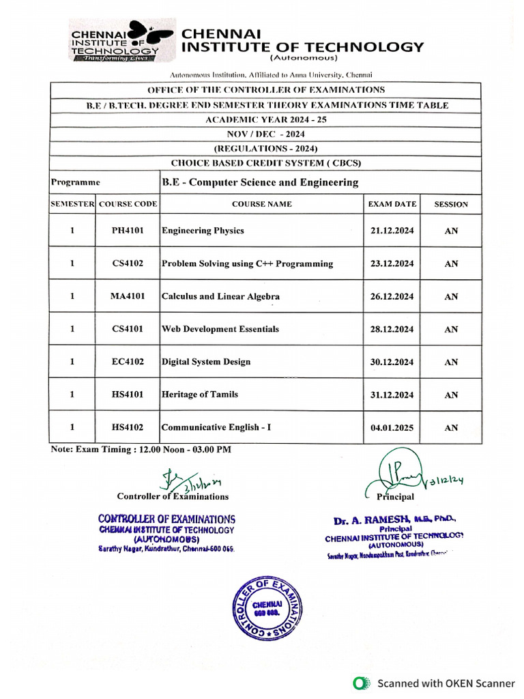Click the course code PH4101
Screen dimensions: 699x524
click(x=128, y=231)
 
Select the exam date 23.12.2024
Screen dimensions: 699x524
click(x=392, y=263)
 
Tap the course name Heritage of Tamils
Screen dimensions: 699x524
click(x=200, y=395)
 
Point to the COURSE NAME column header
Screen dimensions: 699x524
click(x=261, y=204)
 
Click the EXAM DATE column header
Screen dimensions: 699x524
click(x=392, y=204)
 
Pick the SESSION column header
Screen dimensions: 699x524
click(x=451, y=204)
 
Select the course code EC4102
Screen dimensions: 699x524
click(x=128, y=362)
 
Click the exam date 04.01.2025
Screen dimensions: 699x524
click(x=392, y=428)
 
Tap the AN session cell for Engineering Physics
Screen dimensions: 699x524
click(x=451, y=231)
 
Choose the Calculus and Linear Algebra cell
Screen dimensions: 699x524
click(x=220, y=297)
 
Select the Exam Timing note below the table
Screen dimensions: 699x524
click(x=141, y=449)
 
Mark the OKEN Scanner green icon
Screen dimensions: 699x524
click(x=360, y=683)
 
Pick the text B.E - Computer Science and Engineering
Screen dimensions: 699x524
click(x=260, y=182)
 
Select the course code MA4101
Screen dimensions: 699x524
click(x=128, y=297)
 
